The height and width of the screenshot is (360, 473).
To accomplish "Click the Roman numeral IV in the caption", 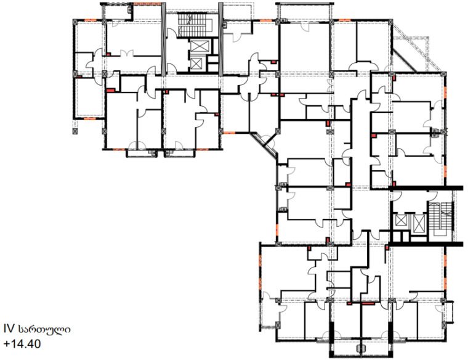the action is (x=9, y=329).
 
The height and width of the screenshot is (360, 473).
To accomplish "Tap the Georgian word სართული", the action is (x=44, y=329).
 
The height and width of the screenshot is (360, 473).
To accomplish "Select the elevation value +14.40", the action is (x=22, y=344).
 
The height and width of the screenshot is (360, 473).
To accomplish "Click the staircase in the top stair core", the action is (x=195, y=25).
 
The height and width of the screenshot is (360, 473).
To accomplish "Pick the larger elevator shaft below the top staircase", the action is (x=200, y=46).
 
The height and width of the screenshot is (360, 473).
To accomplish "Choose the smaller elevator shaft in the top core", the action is (x=196, y=63).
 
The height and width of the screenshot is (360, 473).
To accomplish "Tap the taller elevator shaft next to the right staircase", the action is (x=419, y=224).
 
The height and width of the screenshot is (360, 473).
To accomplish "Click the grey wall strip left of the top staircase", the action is (x=164, y=39).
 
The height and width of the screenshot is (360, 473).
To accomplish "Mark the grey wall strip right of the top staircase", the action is (x=220, y=39).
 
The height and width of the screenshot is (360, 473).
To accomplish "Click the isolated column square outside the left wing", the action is (x=75, y=131).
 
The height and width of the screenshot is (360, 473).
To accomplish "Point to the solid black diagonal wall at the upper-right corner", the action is (x=405, y=60).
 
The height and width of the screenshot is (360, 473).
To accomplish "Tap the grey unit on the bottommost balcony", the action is (x=359, y=348).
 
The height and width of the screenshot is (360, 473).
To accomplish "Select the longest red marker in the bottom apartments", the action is (x=368, y=303).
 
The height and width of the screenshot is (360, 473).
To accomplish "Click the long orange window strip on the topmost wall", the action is (x=147, y=4).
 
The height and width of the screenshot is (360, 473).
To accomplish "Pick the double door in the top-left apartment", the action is (x=127, y=54).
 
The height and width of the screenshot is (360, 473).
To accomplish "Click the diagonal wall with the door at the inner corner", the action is (x=264, y=144).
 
